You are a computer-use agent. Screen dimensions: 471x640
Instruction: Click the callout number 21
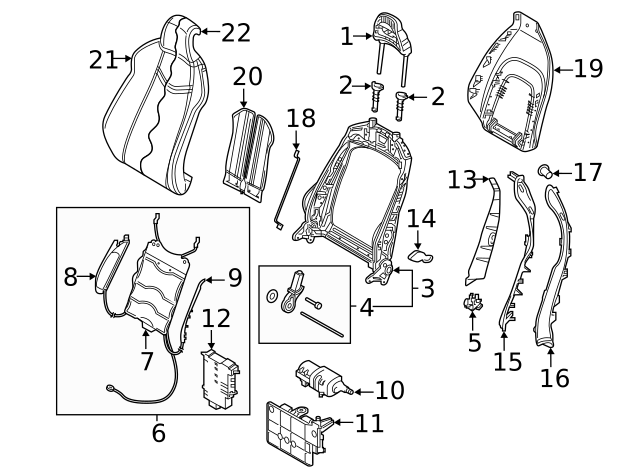102,60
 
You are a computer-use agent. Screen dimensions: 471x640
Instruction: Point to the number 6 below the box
158,433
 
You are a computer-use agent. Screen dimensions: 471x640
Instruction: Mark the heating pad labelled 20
245,150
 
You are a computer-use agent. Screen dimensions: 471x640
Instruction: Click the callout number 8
70,277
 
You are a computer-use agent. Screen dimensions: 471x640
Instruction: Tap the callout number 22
236,33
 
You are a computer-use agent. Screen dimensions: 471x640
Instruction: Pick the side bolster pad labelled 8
107,262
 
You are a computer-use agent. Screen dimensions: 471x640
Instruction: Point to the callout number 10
390,390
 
